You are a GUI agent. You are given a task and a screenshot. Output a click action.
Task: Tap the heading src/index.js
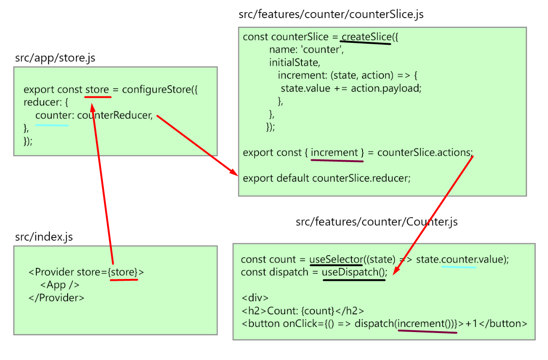(44, 237)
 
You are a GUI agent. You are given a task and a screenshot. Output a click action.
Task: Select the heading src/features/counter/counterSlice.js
(331, 14)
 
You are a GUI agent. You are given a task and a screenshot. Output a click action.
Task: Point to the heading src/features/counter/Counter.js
(377, 222)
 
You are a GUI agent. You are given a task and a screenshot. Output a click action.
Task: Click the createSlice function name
(366, 37)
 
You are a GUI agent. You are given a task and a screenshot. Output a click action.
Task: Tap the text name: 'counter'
(306, 50)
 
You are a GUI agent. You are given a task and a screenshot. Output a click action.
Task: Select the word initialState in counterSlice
(294, 62)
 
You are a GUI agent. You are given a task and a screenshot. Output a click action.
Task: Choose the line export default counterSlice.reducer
(327, 178)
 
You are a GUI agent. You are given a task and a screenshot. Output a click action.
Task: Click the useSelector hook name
(336, 259)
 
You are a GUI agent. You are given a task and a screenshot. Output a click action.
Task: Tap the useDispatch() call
(355, 272)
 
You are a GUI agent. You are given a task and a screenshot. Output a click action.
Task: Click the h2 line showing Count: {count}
(302, 311)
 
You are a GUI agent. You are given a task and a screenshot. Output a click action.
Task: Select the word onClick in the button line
(300, 323)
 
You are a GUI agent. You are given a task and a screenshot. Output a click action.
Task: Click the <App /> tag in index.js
(60, 285)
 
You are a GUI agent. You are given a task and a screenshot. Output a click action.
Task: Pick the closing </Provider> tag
(56, 298)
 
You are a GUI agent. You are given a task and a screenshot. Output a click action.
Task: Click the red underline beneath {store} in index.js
(123, 280)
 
